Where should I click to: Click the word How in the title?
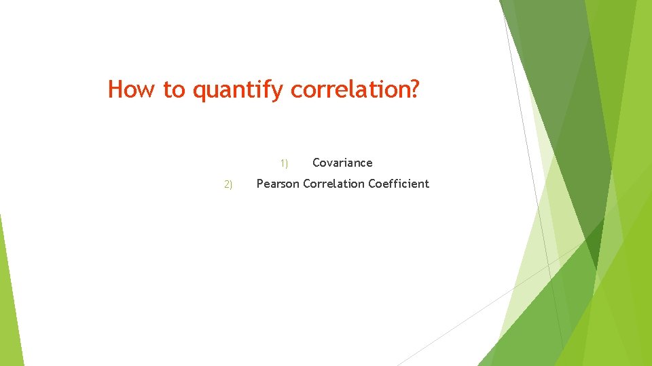pyautogui.click(x=132, y=89)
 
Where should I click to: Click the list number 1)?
pyautogui.click(x=284, y=163)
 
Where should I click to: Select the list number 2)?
pyautogui.click(x=228, y=184)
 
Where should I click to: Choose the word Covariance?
pyautogui.click(x=342, y=163)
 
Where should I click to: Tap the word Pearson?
pyautogui.click(x=277, y=184)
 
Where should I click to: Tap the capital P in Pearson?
pyautogui.click(x=259, y=184)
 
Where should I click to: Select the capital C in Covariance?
pyautogui.click(x=316, y=163)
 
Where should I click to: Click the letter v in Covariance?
pyautogui.click(x=330, y=163)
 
